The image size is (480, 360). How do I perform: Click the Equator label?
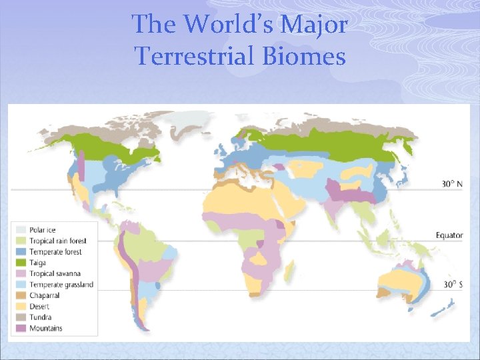[x=449, y=235]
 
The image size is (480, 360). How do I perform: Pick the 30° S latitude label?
[x=451, y=283]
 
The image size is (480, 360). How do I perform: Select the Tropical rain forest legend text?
[x=53, y=241]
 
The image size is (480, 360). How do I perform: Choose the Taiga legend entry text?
[x=38, y=263]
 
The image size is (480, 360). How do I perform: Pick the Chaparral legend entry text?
[x=45, y=295]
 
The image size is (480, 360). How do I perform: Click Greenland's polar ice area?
[x=191, y=123]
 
